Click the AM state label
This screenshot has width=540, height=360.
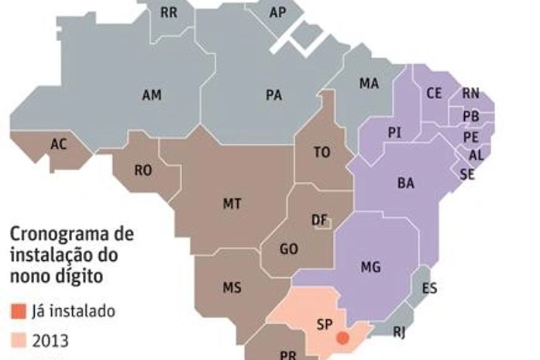pos(152,95)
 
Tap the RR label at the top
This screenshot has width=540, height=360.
pos(168,12)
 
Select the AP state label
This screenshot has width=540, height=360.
pos(277,12)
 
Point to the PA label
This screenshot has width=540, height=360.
pos(273,95)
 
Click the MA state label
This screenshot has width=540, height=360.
pos(369,84)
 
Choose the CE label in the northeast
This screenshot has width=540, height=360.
pos(434,93)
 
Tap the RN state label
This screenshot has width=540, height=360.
pos(470,94)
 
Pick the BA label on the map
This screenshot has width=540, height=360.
pos(405,183)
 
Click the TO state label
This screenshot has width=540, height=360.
pos(322,153)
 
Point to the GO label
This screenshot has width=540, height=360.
pos(289,249)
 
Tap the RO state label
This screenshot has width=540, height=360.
pos(143,170)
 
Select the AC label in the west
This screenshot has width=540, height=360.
pos(58,144)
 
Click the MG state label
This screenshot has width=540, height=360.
pos(371,267)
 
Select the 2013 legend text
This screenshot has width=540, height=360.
pos(50,340)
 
